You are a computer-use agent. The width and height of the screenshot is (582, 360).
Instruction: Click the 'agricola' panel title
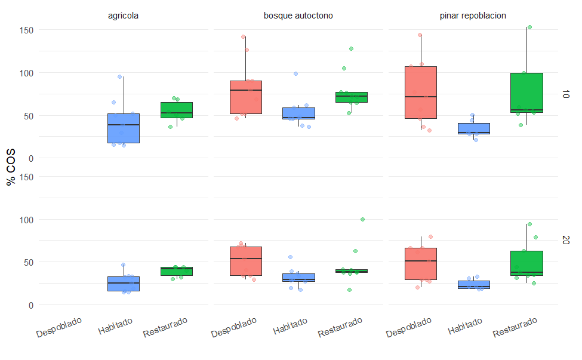pyautogui.click(x=124, y=16)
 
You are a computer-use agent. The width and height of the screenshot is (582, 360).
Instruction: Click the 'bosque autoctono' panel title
pyautogui.click(x=298, y=16)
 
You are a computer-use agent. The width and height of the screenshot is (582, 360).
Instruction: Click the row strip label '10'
pyautogui.click(x=566, y=94)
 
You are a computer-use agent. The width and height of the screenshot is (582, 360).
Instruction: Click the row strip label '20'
pyautogui.click(x=566, y=240)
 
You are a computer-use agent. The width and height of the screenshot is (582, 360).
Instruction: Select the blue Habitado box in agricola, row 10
pyautogui.click(x=124, y=128)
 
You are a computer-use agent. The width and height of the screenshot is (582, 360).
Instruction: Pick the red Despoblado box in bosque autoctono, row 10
pyautogui.click(x=246, y=97)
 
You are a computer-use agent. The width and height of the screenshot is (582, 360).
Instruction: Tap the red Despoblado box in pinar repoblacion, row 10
pyautogui.click(x=420, y=92)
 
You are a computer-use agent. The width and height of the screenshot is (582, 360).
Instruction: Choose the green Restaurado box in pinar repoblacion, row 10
pyautogui.click(x=526, y=93)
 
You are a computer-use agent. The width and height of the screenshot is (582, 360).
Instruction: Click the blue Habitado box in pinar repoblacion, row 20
pyautogui.click(x=473, y=284)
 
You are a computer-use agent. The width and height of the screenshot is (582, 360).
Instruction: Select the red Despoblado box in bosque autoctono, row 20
pyautogui.click(x=246, y=261)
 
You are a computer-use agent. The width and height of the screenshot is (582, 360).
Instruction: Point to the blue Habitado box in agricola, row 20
pyautogui.click(x=124, y=284)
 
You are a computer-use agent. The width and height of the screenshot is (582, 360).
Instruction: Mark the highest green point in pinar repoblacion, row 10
pyautogui.click(x=529, y=27)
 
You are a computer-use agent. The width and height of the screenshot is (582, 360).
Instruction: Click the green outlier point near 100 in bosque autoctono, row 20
pyautogui.click(x=362, y=219)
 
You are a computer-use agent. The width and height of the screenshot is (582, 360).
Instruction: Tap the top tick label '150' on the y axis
pyautogui.click(x=26, y=30)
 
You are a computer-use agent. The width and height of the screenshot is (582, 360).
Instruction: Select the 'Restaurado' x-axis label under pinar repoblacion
pyautogui.click(x=516, y=328)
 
